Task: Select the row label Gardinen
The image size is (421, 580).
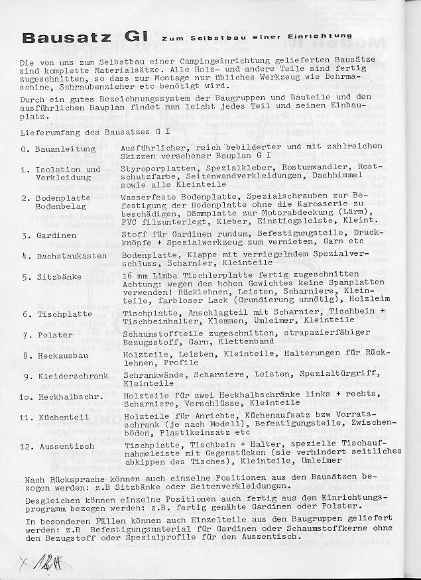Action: [57, 235]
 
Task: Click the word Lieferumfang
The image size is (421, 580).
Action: [50, 133]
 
